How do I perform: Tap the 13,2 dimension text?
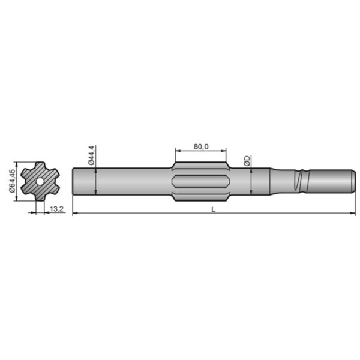(x=57, y=209)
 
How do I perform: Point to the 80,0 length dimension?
(x=201, y=146)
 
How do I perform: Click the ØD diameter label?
(x=247, y=160)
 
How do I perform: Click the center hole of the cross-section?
(x=39, y=181)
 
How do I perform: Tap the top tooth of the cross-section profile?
(x=39, y=165)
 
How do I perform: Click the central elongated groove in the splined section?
(x=201, y=181)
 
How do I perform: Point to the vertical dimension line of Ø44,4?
(x=97, y=180)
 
